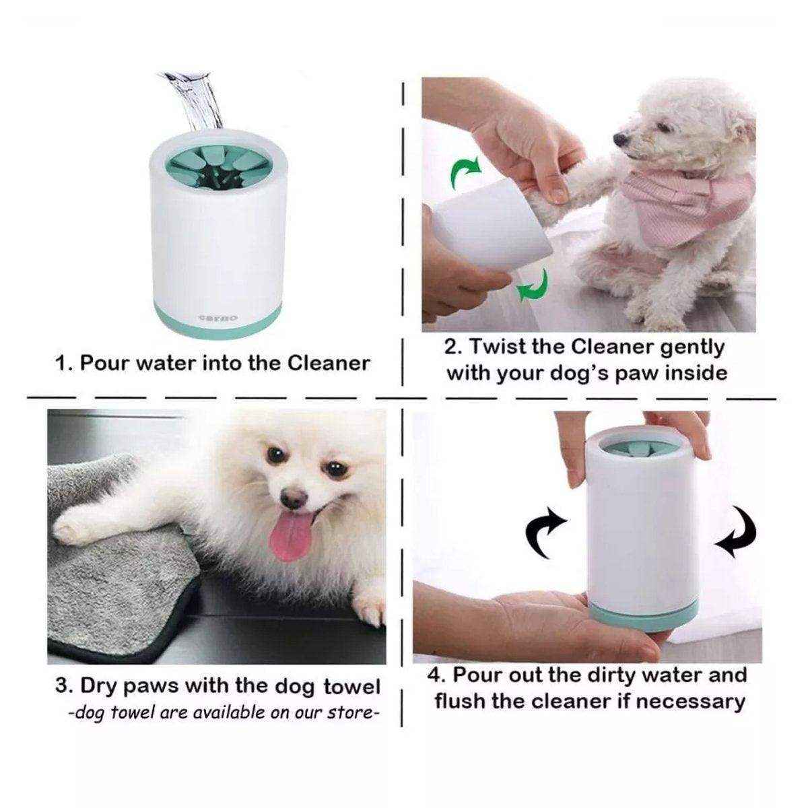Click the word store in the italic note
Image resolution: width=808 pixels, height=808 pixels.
(350, 712)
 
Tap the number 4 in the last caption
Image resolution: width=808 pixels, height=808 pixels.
(434, 675)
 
